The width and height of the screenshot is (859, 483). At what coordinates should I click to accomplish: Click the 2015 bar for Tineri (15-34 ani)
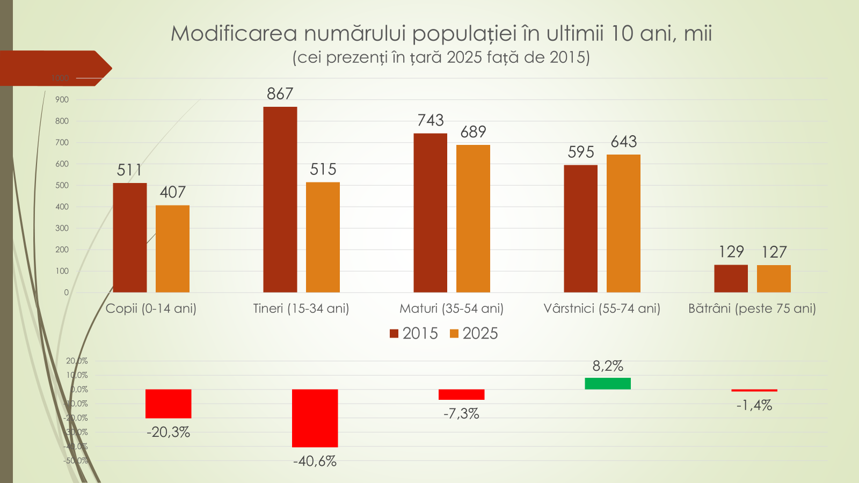click(x=280, y=199)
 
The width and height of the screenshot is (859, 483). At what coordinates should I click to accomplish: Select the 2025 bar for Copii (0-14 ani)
click(x=172, y=248)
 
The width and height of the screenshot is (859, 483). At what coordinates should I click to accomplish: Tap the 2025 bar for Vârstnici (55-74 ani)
click(x=623, y=223)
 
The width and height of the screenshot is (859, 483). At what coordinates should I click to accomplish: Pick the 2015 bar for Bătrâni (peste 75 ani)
click(x=731, y=279)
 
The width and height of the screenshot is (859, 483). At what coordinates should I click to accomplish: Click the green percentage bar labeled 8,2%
click(x=608, y=383)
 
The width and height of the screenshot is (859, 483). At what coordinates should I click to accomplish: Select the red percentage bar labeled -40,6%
click(x=315, y=418)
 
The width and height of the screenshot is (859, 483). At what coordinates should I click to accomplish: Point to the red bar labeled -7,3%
click(x=461, y=394)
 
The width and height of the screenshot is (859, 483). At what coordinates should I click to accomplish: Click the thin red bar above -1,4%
click(x=754, y=390)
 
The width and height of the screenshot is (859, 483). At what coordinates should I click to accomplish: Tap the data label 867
click(x=280, y=94)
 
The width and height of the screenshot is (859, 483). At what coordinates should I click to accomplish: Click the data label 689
click(x=473, y=132)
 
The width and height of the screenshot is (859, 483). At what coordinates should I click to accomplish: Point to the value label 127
click(x=774, y=252)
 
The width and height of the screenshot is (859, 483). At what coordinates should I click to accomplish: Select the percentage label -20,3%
click(x=168, y=432)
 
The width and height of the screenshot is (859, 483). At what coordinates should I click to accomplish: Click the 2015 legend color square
click(x=394, y=334)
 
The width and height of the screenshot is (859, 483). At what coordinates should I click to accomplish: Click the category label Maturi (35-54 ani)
click(x=452, y=309)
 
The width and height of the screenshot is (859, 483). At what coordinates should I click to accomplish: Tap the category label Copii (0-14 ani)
click(x=151, y=309)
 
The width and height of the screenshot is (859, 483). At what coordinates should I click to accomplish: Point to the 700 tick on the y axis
click(x=62, y=142)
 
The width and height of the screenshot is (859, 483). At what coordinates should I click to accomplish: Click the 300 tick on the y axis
click(x=62, y=228)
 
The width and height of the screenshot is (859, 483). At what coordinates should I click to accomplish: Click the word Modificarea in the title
click(x=234, y=33)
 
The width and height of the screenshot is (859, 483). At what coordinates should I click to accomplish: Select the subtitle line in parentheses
click(x=441, y=57)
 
